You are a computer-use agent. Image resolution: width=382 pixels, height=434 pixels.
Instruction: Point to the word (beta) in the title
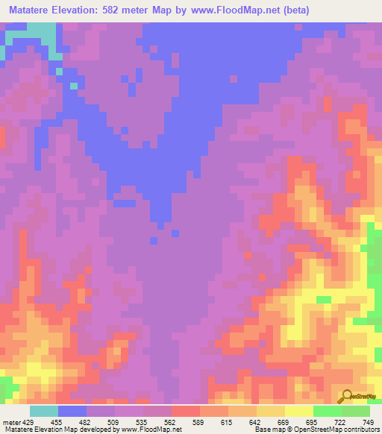(x=294, y=10)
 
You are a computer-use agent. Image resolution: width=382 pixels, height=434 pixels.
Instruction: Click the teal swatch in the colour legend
(x=44, y=411)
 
